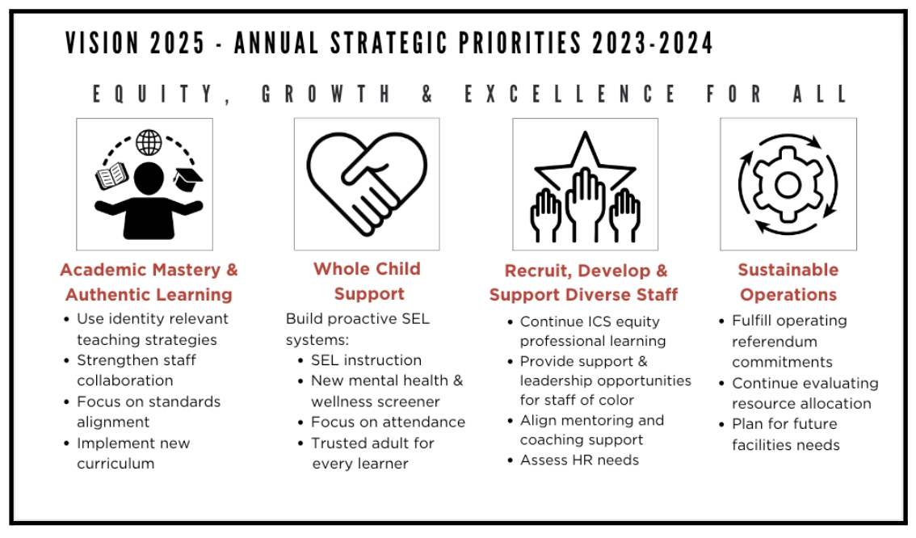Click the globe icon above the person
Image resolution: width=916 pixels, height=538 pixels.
pos(149,142)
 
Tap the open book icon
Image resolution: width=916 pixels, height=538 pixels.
pos(111,175)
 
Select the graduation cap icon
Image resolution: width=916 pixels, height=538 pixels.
pos(187,179)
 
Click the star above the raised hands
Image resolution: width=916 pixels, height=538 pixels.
pos(585,160)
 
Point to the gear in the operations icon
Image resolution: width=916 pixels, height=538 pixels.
pos(788,185)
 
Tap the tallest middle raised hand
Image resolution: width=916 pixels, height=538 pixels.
pos(585,204)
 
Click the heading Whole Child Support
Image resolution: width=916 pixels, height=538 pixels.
pos(368,281)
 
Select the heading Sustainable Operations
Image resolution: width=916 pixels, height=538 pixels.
pos(788,282)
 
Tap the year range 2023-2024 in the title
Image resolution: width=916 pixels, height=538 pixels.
pos(653,44)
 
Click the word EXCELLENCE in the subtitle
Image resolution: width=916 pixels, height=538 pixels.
pos(571,94)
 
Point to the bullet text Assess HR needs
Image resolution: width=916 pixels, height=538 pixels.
pos(579,460)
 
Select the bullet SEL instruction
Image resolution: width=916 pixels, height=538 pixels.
pos(366,359)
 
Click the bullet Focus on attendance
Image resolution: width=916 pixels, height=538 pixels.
pos(388,422)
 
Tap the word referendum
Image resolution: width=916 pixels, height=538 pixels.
pos(775,341)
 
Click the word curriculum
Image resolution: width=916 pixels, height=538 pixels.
pos(116,463)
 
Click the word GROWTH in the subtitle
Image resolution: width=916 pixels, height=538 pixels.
pos(326,94)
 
